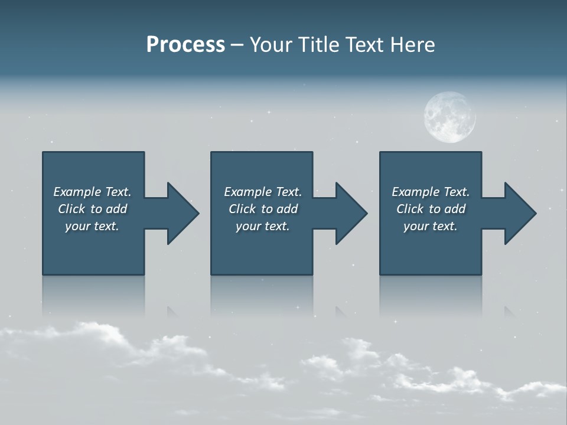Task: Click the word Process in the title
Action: pos(185,45)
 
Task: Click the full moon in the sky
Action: pos(449,117)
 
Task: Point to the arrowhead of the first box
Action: pos(183,213)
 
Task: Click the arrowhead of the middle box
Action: pos(351,213)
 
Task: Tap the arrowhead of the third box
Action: pos(520,213)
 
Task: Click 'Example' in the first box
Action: pos(77,192)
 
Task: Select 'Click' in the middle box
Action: pos(242,209)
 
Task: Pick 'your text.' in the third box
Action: pos(431,226)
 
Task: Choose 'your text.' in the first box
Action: pos(92,226)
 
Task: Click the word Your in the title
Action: pos(269,45)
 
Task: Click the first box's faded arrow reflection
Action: pos(172,312)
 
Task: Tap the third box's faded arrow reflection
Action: pos(509,312)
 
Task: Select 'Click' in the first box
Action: pos(71,209)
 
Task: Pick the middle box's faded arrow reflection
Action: pos(341,312)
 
